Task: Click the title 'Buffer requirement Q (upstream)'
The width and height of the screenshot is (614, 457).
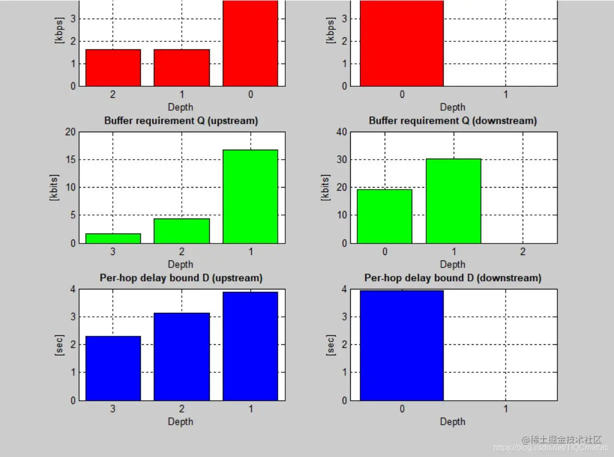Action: pos(181,121)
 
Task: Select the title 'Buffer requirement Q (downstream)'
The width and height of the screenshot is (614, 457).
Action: pos(453,121)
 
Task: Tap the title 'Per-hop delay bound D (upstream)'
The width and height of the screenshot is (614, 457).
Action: pos(181,278)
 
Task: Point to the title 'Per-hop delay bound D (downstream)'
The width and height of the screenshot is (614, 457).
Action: pos(453,278)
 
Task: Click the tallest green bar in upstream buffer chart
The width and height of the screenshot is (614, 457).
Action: pos(250,197)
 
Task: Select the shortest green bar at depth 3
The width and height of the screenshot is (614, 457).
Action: pos(113,238)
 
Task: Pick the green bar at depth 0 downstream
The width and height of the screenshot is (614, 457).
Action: pos(384,216)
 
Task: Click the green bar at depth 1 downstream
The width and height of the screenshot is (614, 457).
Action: pos(453,201)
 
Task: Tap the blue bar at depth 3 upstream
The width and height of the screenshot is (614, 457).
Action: pos(113,368)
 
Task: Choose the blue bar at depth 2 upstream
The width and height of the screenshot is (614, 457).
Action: pos(181,357)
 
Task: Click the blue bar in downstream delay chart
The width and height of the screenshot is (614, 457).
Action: pos(402,345)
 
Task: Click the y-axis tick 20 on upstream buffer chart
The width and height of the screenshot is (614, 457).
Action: pos(69,132)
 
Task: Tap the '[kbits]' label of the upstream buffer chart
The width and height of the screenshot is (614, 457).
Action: pos(54,188)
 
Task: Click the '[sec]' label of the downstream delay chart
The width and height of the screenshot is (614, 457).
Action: pos(330,345)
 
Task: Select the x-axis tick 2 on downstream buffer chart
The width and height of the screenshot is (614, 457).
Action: pos(523,252)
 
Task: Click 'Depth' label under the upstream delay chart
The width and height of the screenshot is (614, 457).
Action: pos(180,422)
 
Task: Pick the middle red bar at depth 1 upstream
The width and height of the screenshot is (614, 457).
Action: pos(181,67)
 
